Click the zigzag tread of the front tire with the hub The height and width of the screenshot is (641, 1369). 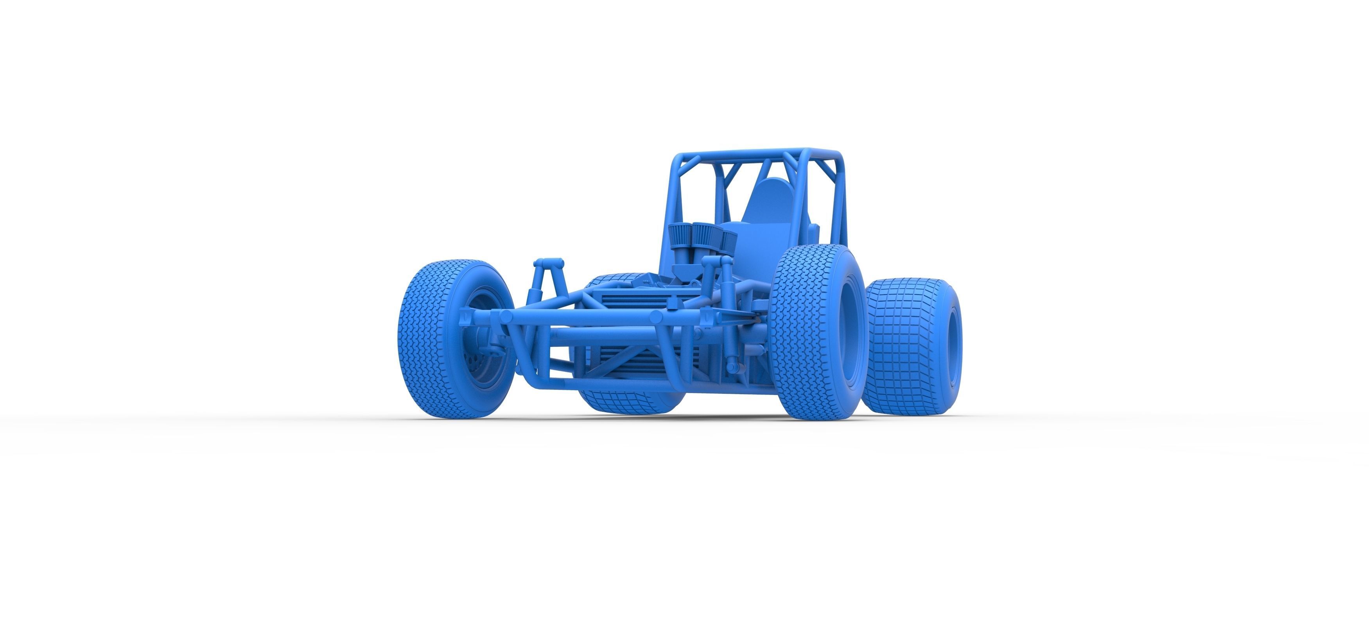pyautogui.click(x=425, y=340)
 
